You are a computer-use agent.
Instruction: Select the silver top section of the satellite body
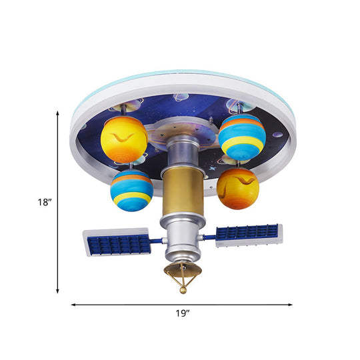point(181,151)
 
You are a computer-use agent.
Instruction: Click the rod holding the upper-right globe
point(235,111)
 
